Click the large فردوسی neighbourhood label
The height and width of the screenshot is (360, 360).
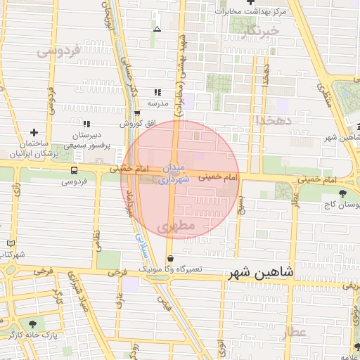coord(59,51)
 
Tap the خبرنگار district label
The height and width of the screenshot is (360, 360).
coord(259,31)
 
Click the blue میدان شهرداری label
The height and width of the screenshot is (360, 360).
coord(175,174)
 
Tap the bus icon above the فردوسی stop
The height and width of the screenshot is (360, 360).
coord(74,170)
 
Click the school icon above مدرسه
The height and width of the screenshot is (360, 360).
coord(157,92)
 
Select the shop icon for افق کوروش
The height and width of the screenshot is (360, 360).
coord(137,112)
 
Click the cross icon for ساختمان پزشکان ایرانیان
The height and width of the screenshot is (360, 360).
coord(34,132)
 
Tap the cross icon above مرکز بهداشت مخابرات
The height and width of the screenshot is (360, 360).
coord(250,2)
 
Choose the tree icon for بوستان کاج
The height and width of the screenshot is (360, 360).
coord(342,193)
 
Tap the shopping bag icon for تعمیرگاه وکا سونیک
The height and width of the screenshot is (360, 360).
coord(171,259)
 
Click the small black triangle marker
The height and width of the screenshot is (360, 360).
coord(157,29)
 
